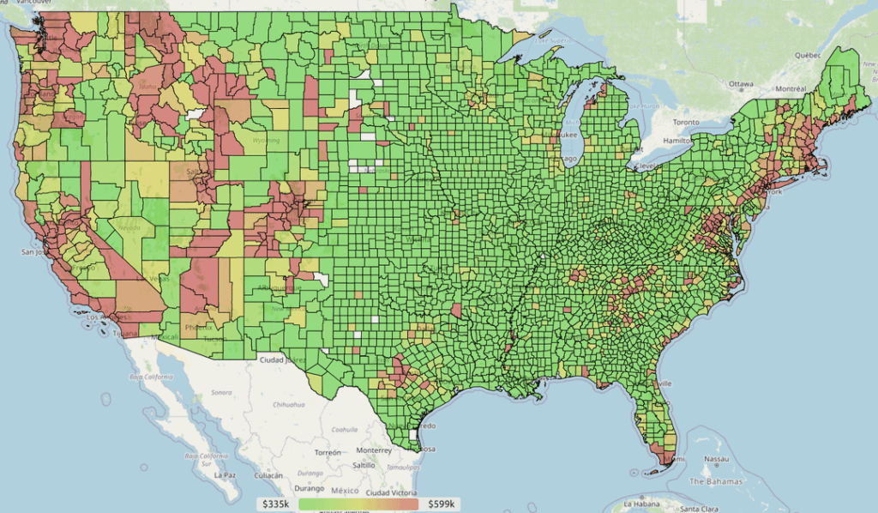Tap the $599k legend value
point(442,504)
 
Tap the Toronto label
point(686,122)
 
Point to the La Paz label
point(225,474)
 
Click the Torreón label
point(327,452)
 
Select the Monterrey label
point(374,450)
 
